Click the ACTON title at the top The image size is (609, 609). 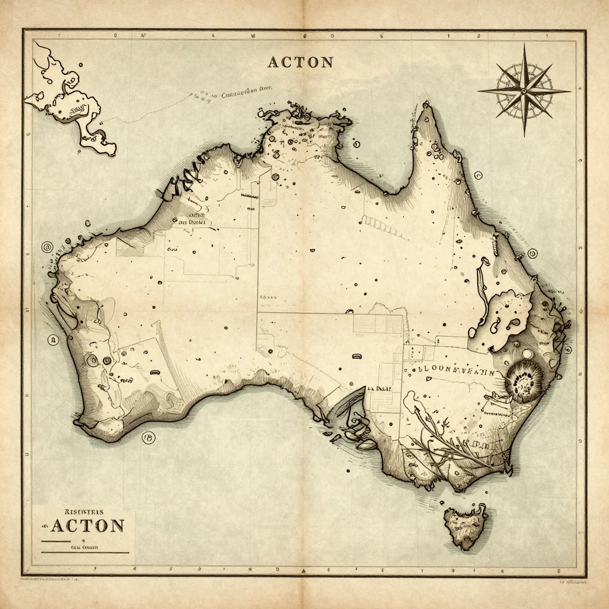(x=300, y=62)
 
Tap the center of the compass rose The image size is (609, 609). (x=524, y=91)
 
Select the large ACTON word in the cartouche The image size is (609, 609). (x=87, y=526)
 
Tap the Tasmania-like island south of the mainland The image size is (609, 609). (x=468, y=526)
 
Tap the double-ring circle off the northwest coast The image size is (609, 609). (x=45, y=247)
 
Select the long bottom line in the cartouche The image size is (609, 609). (x=84, y=553)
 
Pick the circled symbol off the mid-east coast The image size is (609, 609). (x=533, y=253)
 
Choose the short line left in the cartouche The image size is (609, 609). (x=55, y=542)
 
